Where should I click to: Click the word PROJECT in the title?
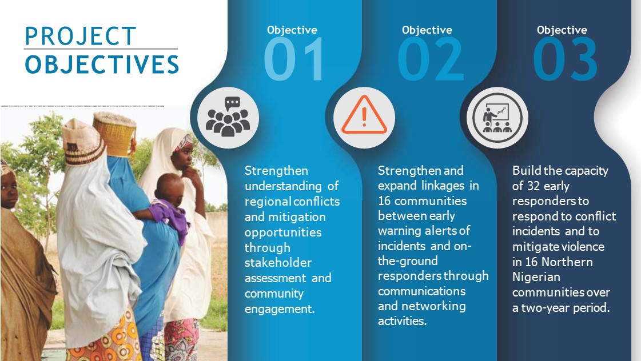coord(81,36)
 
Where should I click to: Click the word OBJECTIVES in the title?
coord(102,65)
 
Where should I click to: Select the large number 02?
coord(431,59)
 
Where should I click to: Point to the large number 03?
coord(566,59)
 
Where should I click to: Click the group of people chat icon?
coord(228,117)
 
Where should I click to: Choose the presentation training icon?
coord(497,118)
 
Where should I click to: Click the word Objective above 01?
coord(292,30)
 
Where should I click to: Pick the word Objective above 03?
coord(562,30)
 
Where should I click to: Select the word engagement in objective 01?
coord(280,309)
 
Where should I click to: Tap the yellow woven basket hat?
coord(114,134)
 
